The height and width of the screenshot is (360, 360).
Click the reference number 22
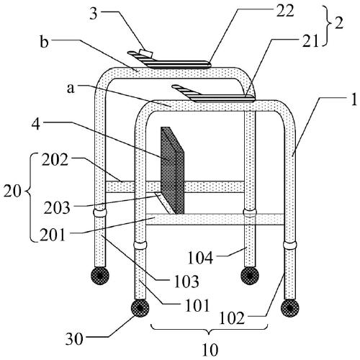click(x=285, y=11)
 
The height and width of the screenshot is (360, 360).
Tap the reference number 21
click(x=310, y=41)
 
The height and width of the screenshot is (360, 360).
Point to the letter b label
click(x=45, y=42)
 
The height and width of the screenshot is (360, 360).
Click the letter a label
click(x=71, y=88)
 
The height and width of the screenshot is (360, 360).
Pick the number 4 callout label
click(x=36, y=124)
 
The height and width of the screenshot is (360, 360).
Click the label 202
click(x=55, y=160)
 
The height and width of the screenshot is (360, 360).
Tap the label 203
click(x=57, y=207)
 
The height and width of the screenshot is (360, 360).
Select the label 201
click(x=53, y=235)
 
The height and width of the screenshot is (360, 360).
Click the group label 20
click(x=12, y=192)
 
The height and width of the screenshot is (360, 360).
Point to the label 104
click(x=200, y=258)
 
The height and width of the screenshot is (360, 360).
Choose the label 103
click(x=186, y=282)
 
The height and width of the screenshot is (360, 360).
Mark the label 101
click(x=197, y=305)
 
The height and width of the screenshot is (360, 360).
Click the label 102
click(x=232, y=318)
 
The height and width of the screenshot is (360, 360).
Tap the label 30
click(x=75, y=339)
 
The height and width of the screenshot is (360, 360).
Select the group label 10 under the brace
click(x=210, y=350)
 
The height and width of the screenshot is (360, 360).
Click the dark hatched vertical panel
click(x=172, y=171)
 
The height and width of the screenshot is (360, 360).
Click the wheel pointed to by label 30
click(x=140, y=308)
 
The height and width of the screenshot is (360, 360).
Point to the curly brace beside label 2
click(x=327, y=25)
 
